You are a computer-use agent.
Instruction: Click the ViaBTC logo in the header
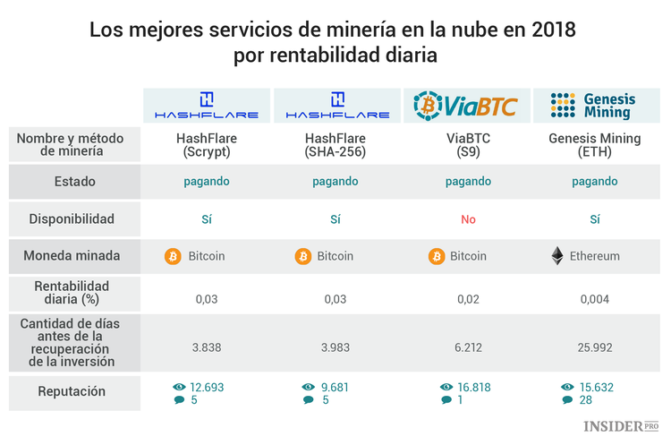465,106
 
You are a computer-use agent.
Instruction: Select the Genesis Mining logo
594,106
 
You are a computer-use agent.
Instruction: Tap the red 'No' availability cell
468,218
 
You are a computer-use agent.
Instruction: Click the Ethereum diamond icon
557,256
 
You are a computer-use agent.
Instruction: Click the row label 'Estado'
73,182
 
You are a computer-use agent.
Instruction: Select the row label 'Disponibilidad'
73,218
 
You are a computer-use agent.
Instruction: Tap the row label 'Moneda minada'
73,256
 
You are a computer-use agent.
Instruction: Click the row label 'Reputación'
73,391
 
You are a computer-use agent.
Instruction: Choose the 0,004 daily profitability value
594,299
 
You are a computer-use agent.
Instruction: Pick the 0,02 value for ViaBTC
468,299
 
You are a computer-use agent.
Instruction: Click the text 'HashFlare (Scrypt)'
207,145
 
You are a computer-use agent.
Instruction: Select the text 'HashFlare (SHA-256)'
335,145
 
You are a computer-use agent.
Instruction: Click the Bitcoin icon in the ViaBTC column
437,256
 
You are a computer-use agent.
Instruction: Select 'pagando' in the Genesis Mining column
594,182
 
